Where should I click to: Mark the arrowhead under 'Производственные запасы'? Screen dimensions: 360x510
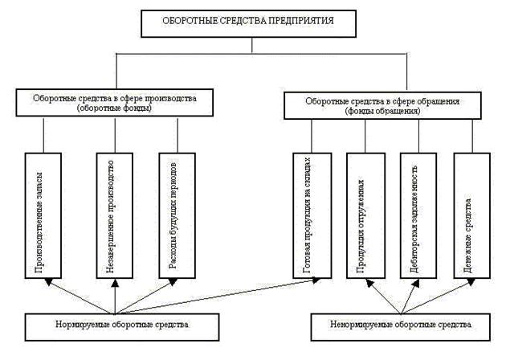click(49, 280)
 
